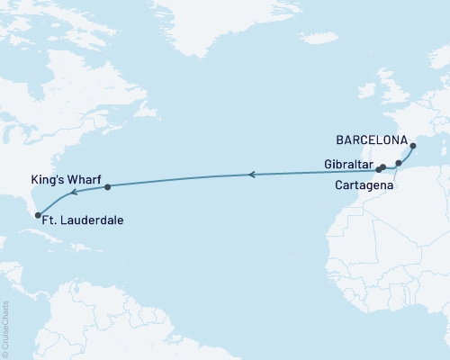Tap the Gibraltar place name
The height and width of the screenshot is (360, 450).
347,164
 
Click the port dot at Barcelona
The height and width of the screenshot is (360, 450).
413,146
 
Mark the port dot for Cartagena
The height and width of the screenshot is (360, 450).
399,163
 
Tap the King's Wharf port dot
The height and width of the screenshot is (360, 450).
107,187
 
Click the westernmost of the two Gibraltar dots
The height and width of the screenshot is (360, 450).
379,168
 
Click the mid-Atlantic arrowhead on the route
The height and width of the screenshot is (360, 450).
253,175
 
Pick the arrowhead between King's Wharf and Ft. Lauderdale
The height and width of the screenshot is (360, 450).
74,191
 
